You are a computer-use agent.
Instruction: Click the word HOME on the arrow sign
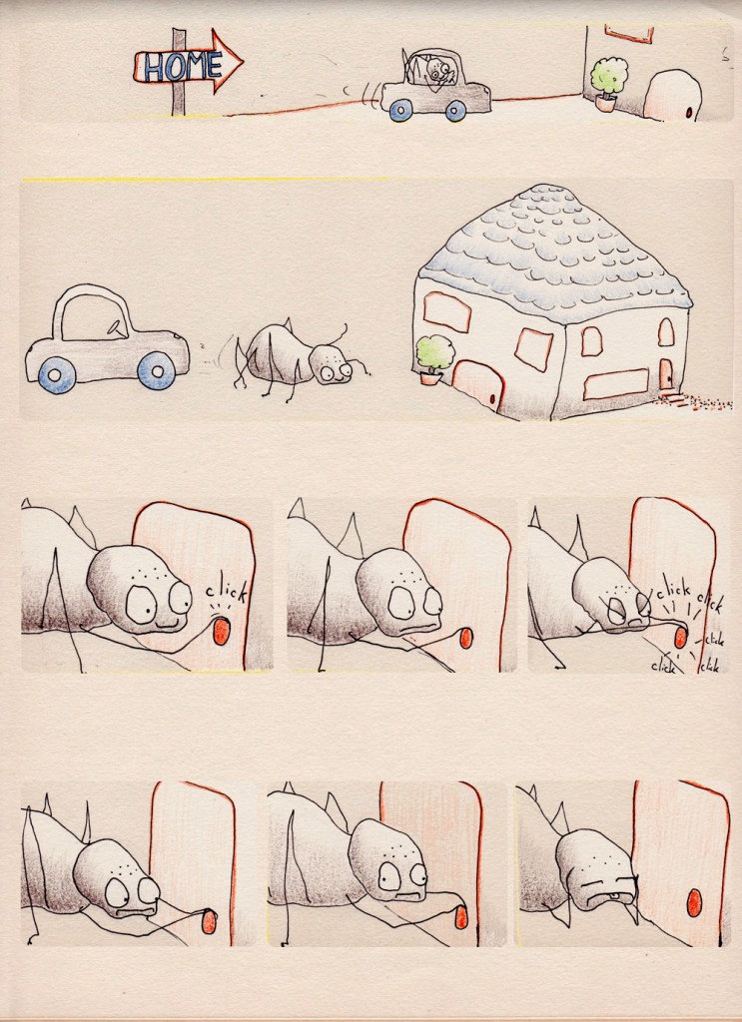click(x=183, y=67)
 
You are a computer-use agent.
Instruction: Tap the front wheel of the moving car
click(x=455, y=111)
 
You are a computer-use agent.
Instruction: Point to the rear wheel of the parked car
click(x=57, y=375)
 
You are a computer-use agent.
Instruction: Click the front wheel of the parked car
click(x=157, y=370)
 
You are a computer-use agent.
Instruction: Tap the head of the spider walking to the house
click(x=331, y=363)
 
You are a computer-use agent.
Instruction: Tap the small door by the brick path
click(x=666, y=374)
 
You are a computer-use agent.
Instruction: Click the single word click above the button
click(x=227, y=593)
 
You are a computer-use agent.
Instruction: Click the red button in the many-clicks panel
click(x=680, y=637)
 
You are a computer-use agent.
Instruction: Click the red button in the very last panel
click(x=694, y=902)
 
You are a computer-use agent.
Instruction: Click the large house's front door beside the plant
click(x=478, y=385)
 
